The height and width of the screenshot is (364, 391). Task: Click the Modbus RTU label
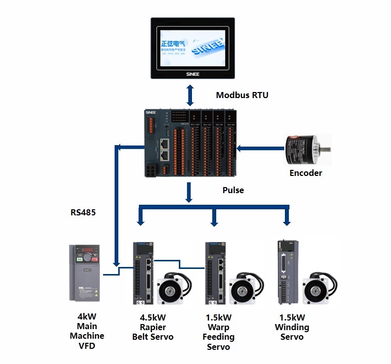[242, 95]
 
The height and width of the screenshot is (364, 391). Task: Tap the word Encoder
[306, 173]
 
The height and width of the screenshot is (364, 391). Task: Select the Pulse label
[233, 190]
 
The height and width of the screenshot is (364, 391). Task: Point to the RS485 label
[83, 213]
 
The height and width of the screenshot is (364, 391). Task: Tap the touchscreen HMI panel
[192, 47]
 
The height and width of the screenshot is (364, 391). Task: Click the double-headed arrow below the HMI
[190, 95]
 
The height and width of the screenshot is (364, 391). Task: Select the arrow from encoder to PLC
[260, 148]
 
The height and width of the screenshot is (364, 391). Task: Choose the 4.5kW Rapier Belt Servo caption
[153, 327]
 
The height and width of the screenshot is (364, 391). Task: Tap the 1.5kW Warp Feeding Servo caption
[218, 332]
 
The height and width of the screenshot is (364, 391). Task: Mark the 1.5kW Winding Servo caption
[291, 327]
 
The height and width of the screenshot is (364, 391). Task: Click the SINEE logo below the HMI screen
[192, 74]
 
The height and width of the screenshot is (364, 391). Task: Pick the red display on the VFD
[86, 249]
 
